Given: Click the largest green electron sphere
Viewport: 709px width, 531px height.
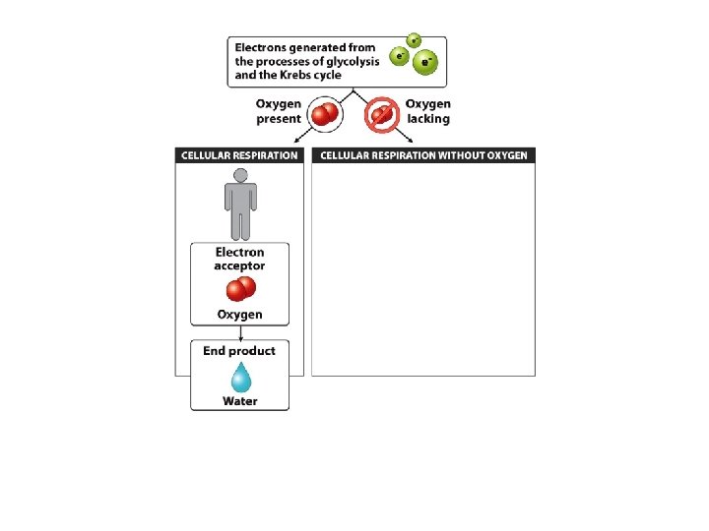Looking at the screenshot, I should [425, 64].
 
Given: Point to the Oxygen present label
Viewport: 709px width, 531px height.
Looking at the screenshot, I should [279, 111].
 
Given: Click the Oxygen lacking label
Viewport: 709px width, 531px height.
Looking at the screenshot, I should [428, 111].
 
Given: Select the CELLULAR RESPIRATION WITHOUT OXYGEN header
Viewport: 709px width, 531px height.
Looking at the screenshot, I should [423, 155].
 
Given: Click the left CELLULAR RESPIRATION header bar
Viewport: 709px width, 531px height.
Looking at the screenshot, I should [239, 155].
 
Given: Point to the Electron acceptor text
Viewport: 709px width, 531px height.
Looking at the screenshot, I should [239, 259].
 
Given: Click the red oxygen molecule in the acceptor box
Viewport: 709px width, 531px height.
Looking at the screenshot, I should [240, 289].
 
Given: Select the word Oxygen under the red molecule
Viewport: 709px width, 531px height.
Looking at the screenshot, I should [239, 315].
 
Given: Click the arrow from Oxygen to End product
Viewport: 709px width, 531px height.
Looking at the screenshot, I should [239, 332].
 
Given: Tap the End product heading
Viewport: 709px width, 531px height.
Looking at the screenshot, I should [239, 351].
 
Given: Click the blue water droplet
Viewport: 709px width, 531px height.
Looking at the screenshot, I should [239, 378].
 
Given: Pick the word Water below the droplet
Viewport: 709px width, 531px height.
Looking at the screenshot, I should [239, 401].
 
